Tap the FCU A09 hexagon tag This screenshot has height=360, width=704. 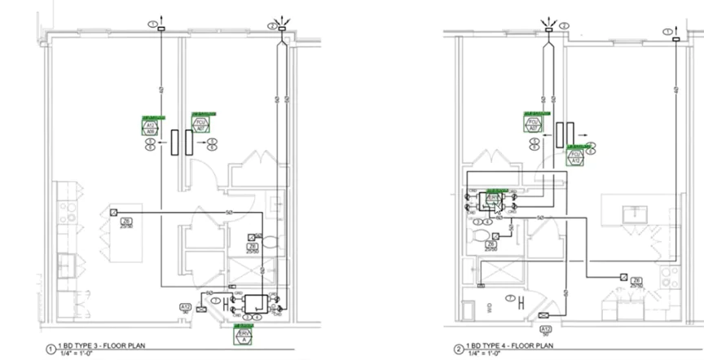(x=150, y=126)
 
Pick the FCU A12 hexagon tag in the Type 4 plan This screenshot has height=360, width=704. (x=575, y=156)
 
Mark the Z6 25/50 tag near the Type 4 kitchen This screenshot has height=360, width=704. (x=637, y=282)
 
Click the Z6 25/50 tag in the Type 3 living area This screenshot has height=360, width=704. (x=126, y=222)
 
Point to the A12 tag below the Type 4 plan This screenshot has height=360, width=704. (x=546, y=331)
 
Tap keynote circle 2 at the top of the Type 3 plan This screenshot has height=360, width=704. (x=272, y=25)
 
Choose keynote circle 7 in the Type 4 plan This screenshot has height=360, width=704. (x=510, y=298)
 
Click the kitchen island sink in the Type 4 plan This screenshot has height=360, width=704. (x=633, y=213)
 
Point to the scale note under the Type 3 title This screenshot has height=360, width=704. (x=74, y=353)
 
